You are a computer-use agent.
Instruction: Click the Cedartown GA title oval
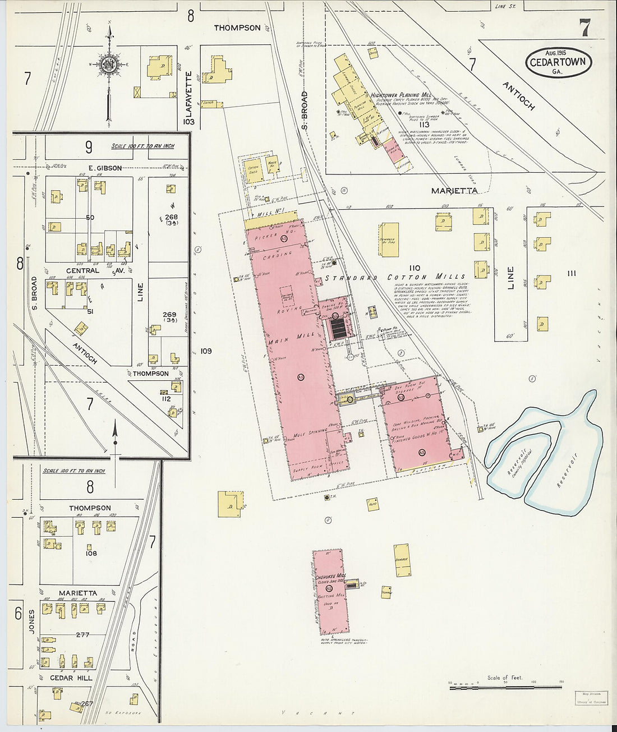click(559, 63)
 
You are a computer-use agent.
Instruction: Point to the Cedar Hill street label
click(71, 678)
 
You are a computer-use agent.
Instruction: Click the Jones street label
click(31, 622)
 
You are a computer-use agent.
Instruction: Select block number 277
click(82, 634)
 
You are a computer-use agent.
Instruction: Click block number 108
click(91, 553)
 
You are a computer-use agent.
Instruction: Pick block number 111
click(572, 273)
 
